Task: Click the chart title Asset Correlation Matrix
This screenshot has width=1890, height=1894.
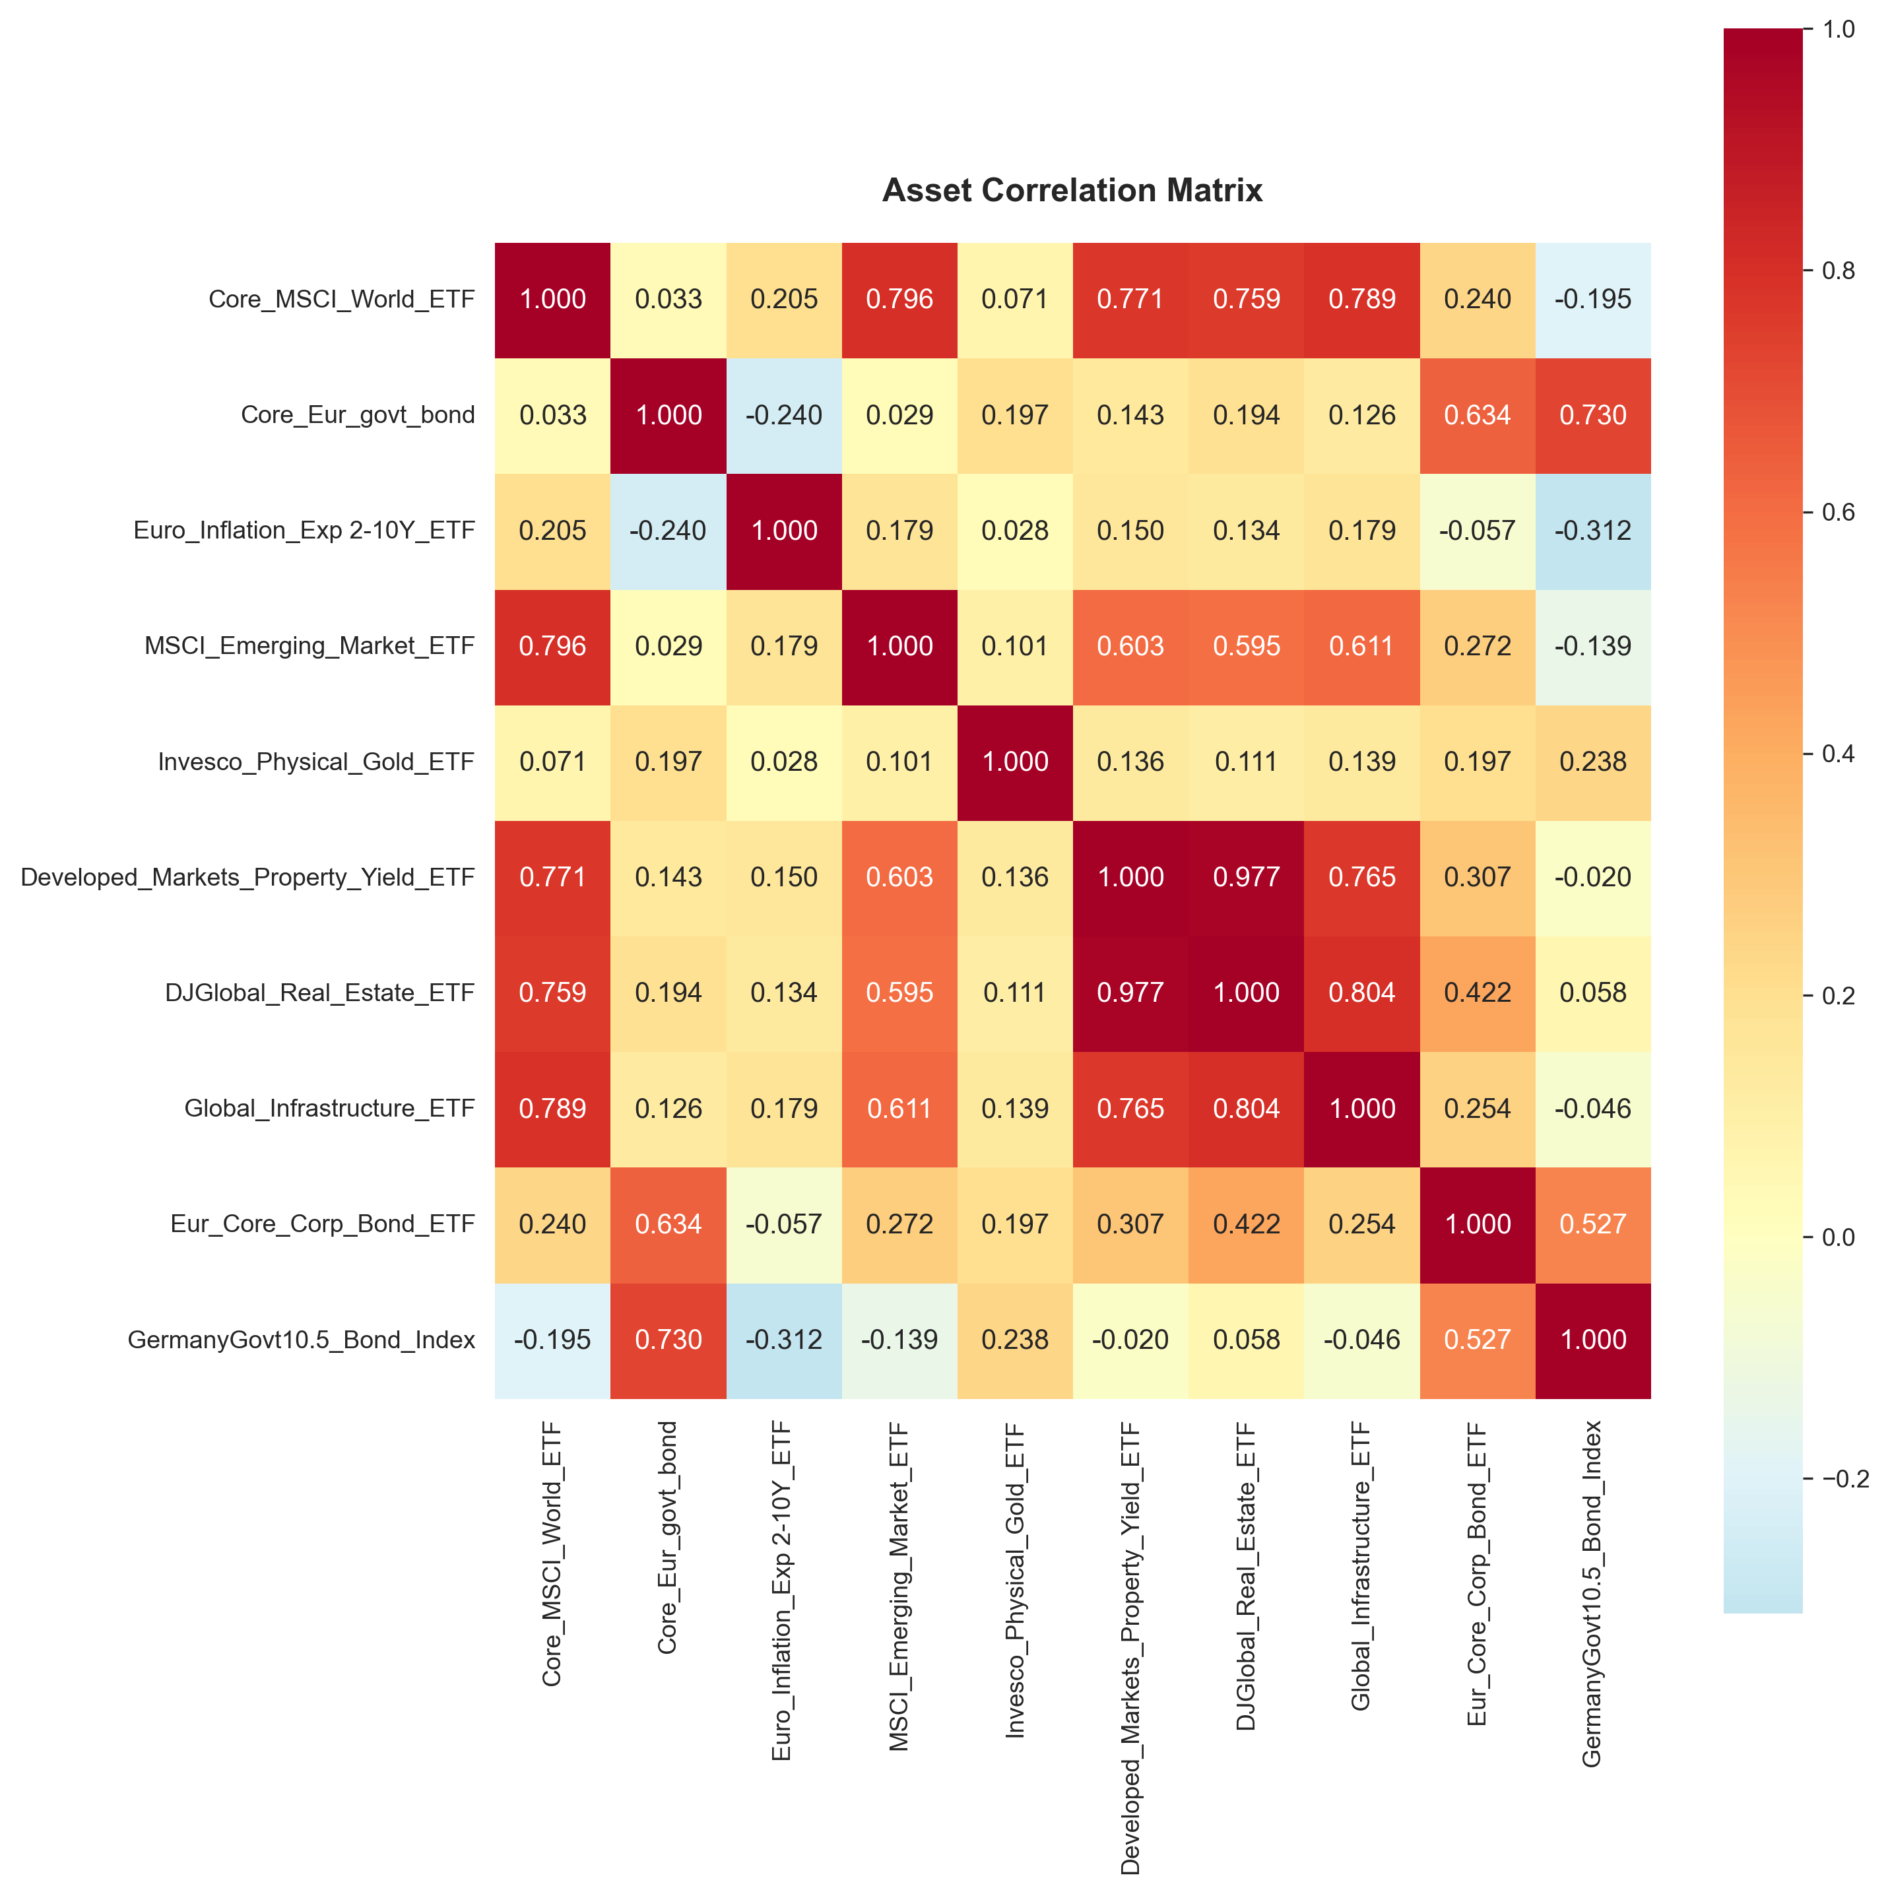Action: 1072,190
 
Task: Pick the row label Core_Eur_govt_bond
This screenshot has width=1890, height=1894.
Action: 358,414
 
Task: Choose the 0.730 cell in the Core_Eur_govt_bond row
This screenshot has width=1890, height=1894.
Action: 1593,414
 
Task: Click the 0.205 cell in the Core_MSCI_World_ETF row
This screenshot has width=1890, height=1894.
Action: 783,299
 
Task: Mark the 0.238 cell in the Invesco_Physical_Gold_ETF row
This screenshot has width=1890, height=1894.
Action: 1593,762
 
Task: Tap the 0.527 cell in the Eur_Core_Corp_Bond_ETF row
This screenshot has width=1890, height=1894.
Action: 1593,1224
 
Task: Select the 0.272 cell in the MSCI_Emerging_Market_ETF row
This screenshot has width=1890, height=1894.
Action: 1478,646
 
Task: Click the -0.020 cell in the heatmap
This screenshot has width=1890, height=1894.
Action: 1593,878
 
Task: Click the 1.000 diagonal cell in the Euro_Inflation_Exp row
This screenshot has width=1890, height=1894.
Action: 783,531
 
